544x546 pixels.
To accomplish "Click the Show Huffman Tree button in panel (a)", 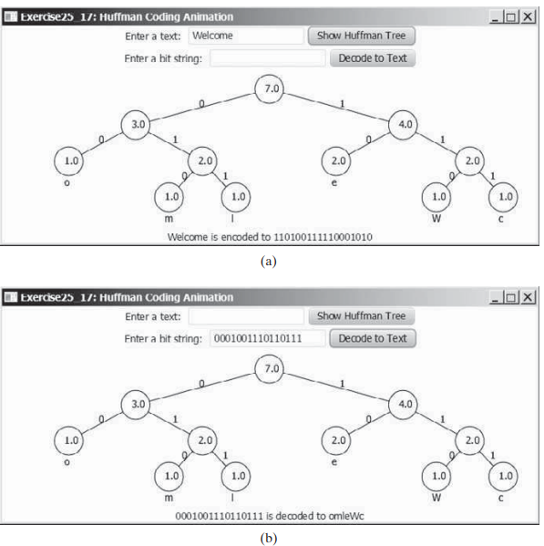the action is click(x=361, y=36).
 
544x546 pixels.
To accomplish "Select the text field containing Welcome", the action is click(x=246, y=36).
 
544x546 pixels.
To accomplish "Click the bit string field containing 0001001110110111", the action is click(x=267, y=338).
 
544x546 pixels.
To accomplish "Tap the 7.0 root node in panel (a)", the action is click(x=269, y=88).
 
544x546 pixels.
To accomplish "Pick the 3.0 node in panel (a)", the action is click(x=136, y=125).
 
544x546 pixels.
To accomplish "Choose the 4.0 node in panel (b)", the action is click(x=403, y=405).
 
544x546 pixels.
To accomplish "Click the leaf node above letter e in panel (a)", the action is click(x=336, y=160).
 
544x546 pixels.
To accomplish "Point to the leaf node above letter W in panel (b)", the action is click(x=436, y=476).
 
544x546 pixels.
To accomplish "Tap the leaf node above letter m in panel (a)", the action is click(x=169, y=197).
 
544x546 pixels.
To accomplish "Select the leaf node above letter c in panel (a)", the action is click(x=503, y=197).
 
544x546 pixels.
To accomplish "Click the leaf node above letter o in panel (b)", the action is click(x=69, y=440).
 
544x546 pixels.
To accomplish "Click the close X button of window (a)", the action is click(x=528, y=16).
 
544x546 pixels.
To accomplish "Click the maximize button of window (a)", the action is click(x=511, y=16).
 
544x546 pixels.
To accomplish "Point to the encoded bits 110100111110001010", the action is click(x=323, y=237).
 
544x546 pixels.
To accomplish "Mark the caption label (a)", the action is click(x=268, y=262).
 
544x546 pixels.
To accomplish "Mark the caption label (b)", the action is click(x=269, y=539).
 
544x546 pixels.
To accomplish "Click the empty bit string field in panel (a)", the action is click(x=267, y=58).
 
